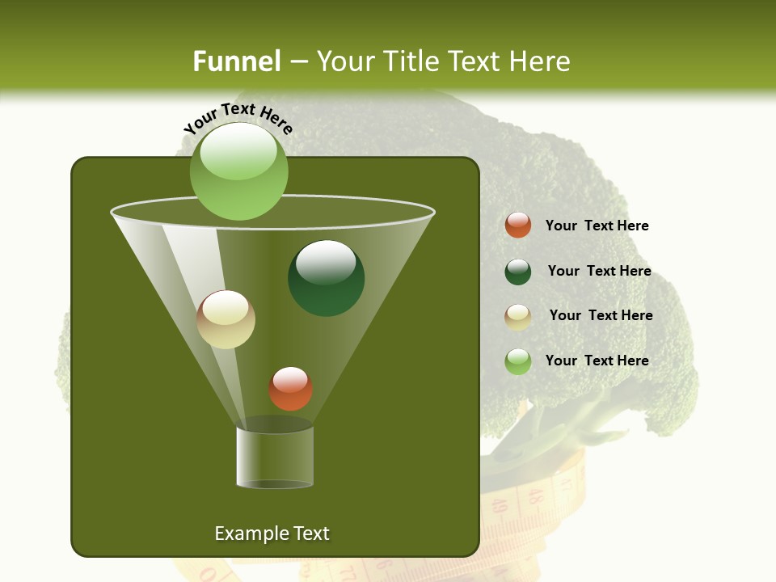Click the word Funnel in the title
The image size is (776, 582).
click(236, 61)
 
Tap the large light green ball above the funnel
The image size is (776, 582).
click(238, 171)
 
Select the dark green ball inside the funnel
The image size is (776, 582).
click(326, 278)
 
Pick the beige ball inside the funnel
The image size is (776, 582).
click(226, 319)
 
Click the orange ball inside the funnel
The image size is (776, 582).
click(290, 388)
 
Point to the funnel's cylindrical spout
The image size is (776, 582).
click(275, 457)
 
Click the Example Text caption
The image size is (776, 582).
click(272, 533)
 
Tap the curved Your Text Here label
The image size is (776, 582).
click(238, 117)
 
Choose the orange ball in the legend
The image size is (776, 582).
click(518, 226)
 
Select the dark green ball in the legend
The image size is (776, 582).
click(518, 272)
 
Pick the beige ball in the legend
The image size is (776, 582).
click(518, 317)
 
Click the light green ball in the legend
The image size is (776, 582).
click(518, 361)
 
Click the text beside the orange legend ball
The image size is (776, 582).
click(597, 226)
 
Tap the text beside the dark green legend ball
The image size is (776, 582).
click(599, 271)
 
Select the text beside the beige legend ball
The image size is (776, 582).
click(601, 315)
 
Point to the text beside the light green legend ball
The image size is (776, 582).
click(597, 361)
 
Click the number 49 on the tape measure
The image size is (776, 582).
click(499, 507)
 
